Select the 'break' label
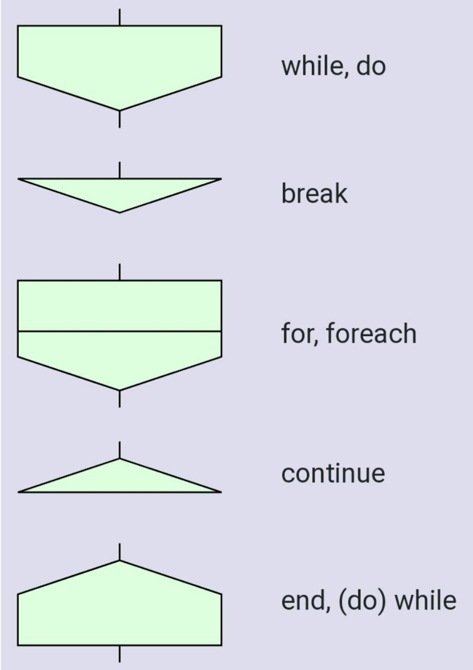(x=314, y=194)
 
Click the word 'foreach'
(x=371, y=334)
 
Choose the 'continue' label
(x=333, y=474)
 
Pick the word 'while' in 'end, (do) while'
(x=425, y=601)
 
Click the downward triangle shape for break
(x=119, y=191)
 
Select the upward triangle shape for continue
(x=119, y=481)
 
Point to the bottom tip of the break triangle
(x=119, y=211)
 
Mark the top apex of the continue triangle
(x=119, y=460)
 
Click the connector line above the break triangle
(x=119, y=170)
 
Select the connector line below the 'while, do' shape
(x=119, y=119)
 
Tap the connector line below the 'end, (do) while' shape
(x=119, y=654)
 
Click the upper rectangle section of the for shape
(x=119, y=306)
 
